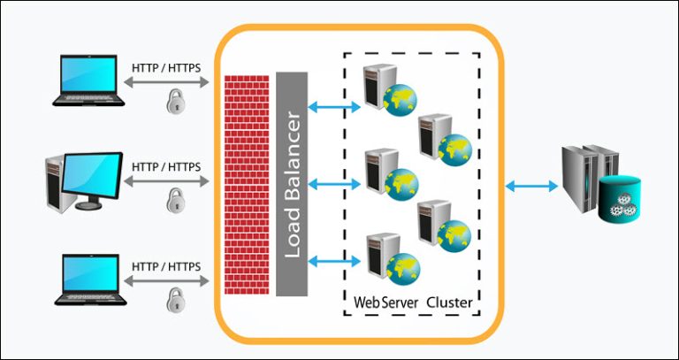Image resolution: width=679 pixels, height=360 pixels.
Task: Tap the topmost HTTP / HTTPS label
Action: pos(166,67)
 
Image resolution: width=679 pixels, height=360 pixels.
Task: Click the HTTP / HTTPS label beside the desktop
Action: pos(166,166)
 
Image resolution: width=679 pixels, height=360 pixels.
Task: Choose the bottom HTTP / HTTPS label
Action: pos(166,266)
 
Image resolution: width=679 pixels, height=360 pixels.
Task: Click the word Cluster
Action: pos(449,303)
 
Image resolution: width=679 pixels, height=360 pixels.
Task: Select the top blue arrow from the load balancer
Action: pos(335,107)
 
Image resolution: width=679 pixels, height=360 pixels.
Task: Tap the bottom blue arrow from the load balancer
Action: pos(335,262)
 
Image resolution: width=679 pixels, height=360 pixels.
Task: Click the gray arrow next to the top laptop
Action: pos(166,82)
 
